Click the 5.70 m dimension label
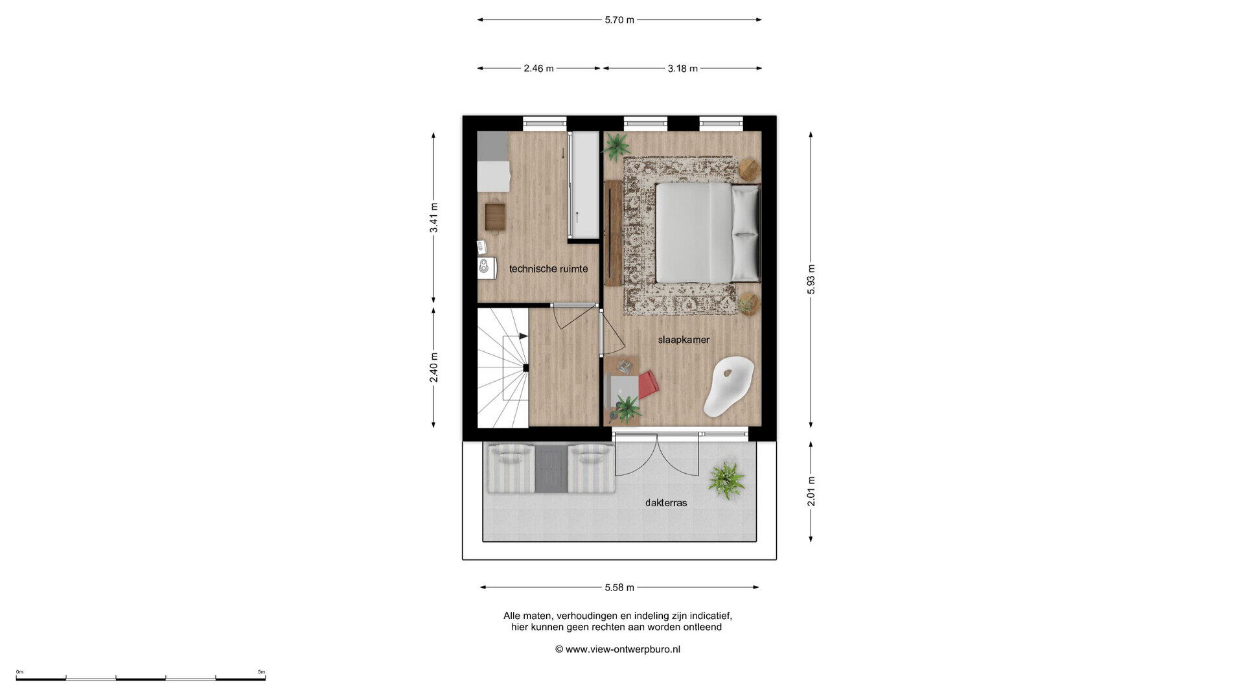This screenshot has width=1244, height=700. (619, 20)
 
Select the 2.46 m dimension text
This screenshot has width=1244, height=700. (538, 68)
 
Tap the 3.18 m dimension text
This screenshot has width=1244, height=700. (682, 68)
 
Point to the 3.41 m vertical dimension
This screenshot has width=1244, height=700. (434, 218)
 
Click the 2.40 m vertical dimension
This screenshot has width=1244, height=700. (434, 367)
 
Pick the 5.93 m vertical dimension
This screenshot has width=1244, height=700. (811, 279)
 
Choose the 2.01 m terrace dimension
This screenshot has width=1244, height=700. (811, 491)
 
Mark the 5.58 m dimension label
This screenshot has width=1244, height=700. (619, 587)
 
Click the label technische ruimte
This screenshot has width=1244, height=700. (548, 268)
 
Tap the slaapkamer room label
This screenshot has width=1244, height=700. (684, 340)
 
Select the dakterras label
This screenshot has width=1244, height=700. (666, 502)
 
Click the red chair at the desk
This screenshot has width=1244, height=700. (649, 384)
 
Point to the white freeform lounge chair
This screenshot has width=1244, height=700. (729, 386)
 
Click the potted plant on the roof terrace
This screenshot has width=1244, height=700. (726, 480)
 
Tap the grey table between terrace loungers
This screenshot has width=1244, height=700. (551, 468)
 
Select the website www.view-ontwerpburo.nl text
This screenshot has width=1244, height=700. (623, 649)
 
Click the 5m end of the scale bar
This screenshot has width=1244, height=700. (265, 679)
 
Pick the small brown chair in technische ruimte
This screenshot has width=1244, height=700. (495, 216)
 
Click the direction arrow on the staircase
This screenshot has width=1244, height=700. (522, 336)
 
